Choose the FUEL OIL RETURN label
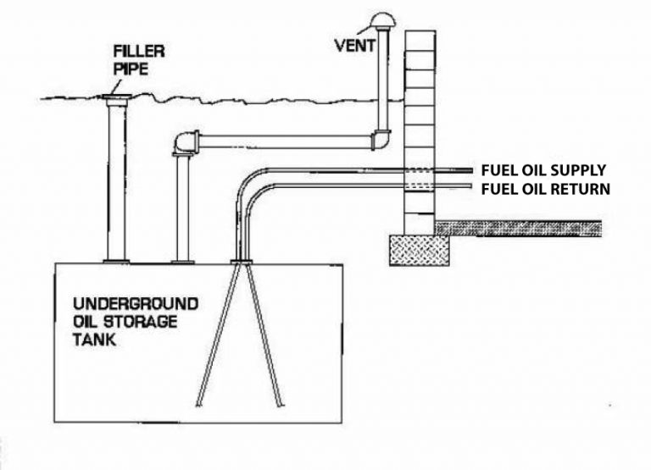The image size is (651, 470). click(x=544, y=189)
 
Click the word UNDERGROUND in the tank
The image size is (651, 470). click(x=135, y=304)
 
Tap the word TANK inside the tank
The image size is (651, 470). click(x=94, y=345)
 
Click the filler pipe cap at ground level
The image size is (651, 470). click(x=117, y=101)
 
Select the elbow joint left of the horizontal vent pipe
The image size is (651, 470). click(x=184, y=143)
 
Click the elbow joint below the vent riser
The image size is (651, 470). click(x=381, y=137)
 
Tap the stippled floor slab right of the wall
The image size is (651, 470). click(x=518, y=227)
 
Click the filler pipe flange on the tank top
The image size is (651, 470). click(x=117, y=259)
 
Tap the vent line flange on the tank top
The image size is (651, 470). click(x=181, y=259)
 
